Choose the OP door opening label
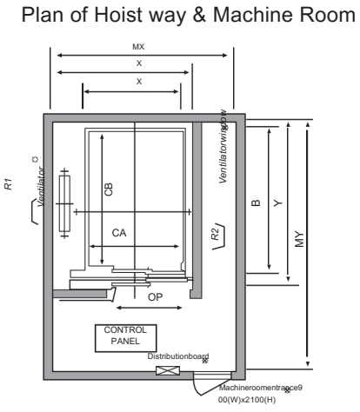click(x=155, y=297)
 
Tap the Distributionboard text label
click(x=179, y=356)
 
